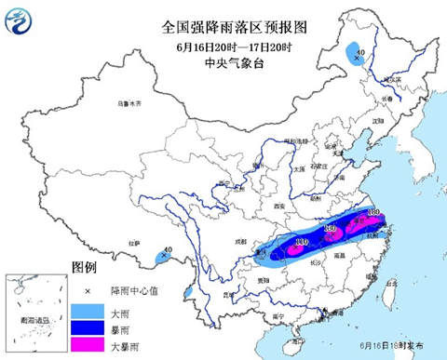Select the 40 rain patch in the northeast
[357, 58]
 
